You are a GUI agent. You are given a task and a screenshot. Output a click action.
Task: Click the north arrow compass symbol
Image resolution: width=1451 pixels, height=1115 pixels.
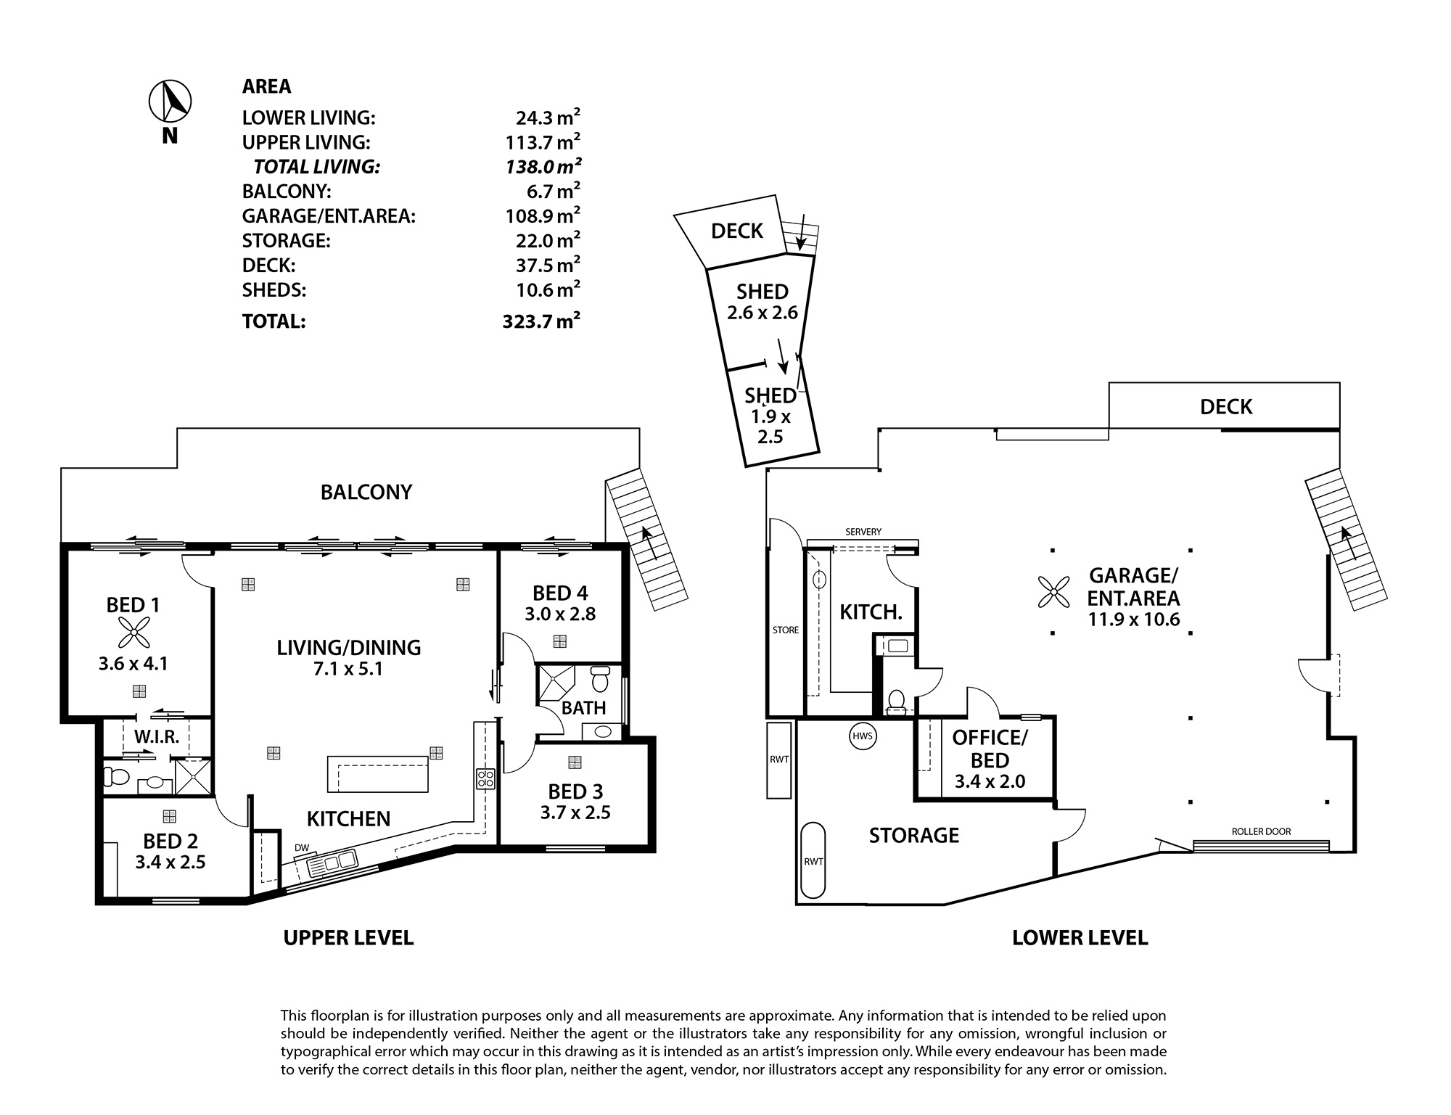pyautogui.click(x=170, y=101)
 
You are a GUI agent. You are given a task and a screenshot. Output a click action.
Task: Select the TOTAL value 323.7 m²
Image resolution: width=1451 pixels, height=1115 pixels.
pyautogui.click(x=541, y=321)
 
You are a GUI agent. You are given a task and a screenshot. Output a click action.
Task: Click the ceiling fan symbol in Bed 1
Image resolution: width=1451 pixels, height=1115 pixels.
pyautogui.click(x=133, y=633)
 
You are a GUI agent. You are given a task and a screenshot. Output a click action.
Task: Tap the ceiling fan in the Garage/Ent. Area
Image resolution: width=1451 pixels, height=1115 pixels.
pyautogui.click(x=1053, y=591)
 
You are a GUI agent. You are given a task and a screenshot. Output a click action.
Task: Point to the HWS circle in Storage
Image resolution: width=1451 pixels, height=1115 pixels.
pyautogui.click(x=863, y=737)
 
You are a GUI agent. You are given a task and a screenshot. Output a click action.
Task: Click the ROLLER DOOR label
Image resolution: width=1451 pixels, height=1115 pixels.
pyautogui.click(x=1261, y=831)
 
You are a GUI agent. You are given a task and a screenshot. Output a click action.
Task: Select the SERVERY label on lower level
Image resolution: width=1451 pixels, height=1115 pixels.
pyautogui.click(x=863, y=532)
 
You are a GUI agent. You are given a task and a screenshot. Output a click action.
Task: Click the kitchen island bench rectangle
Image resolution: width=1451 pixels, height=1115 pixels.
pyautogui.click(x=377, y=774)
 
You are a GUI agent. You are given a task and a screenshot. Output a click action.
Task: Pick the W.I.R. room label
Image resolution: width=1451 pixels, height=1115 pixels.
pyautogui.click(x=157, y=737)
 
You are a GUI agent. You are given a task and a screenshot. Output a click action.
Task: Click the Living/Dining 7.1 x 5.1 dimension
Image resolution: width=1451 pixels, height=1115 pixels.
pyautogui.click(x=349, y=669)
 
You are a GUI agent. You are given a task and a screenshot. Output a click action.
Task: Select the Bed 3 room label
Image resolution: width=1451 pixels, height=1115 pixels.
pyautogui.click(x=575, y=791)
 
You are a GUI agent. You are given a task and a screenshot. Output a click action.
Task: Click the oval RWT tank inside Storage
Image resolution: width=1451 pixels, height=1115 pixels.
pyautogui.click(x=813, y=861)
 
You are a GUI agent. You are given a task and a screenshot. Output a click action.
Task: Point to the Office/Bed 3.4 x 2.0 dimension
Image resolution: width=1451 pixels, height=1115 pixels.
pyautogui.click(x=990, y=782)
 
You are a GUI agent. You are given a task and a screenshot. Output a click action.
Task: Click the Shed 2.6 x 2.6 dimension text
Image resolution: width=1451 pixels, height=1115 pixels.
pyautogui.click(x=762, y=313)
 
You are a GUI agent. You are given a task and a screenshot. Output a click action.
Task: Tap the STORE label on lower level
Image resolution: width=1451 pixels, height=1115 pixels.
pyautogui.click(x=785, y=630)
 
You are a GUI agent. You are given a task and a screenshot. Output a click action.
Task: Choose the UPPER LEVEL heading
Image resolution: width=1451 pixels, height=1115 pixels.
pyautogui.click(x=348, y=938)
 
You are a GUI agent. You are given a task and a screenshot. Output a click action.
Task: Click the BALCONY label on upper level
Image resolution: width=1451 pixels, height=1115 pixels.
pyautogui.click(x=366, y=493)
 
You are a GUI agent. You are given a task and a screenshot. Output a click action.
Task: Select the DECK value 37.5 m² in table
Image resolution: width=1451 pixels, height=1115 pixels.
pyautogui.click(x=547, y=266)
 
